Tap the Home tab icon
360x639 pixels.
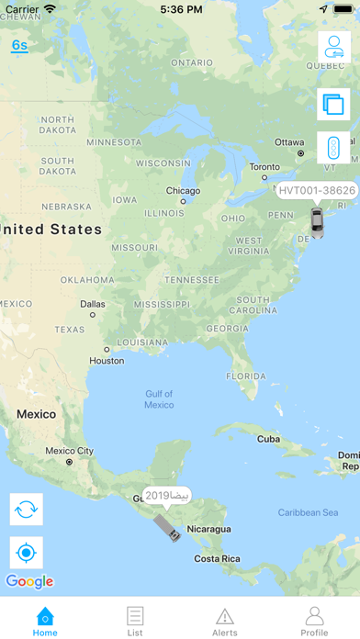[45, 616]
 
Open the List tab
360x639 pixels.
[135, 616]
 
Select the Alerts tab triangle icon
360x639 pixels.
[225, 616]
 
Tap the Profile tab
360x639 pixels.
[314, 616]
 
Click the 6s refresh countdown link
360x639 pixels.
[19, 45]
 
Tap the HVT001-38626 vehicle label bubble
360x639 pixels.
[316, 191]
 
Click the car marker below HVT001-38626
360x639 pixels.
[317, 220]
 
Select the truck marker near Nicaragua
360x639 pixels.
[168, 527]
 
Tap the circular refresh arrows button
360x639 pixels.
[27, 509]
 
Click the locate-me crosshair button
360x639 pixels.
[27, 553]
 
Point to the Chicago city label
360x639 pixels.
[183, 191]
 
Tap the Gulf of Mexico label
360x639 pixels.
[159, 399]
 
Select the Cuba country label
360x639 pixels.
[268, 439]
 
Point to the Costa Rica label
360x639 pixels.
[219, 558]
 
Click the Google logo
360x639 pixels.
[29, 581]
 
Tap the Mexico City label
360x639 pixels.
[70, 451]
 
